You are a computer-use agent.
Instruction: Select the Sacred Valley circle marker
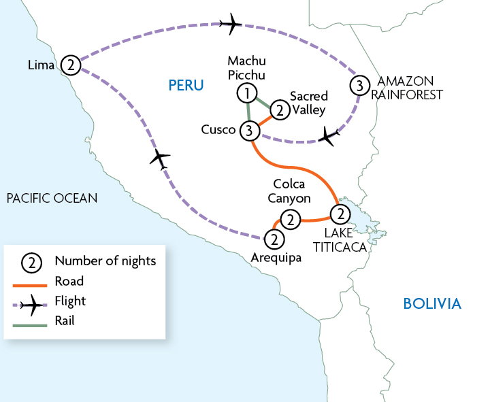click(279, 110)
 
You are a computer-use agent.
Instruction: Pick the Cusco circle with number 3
click(250, 130)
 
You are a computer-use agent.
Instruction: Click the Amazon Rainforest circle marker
click(359, 85)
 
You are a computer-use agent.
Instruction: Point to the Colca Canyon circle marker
click(291, 220)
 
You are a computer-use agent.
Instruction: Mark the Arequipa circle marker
click(274, 239)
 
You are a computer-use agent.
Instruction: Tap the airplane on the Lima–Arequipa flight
click(160, 160)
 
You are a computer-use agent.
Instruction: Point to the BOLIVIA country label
click(432, 303)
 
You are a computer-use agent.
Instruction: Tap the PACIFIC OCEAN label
click(52, 198)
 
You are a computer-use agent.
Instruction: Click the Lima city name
click(41, 65)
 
